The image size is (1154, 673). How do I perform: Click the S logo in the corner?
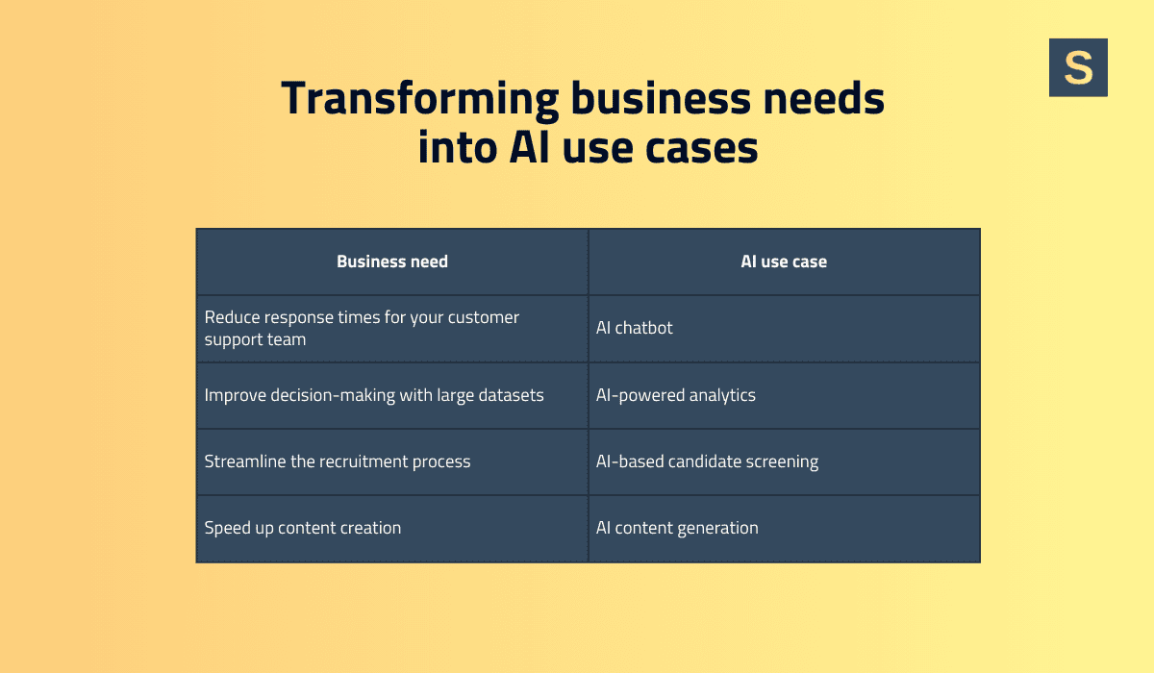[1078, 67]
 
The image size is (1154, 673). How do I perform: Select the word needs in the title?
[822, 99]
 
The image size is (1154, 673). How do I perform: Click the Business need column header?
[392, 262]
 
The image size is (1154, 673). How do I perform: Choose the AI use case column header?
[784, 262]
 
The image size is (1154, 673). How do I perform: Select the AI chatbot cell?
[635, 328]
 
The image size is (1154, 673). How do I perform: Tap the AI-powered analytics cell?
[676, 395]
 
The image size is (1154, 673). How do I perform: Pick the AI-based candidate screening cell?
[707, 461]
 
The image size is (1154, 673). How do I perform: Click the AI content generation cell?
[677, 528]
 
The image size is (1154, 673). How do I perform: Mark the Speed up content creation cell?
[303, 528]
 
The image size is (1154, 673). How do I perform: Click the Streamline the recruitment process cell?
[338, 461]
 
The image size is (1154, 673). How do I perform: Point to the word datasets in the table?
[508, 395]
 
